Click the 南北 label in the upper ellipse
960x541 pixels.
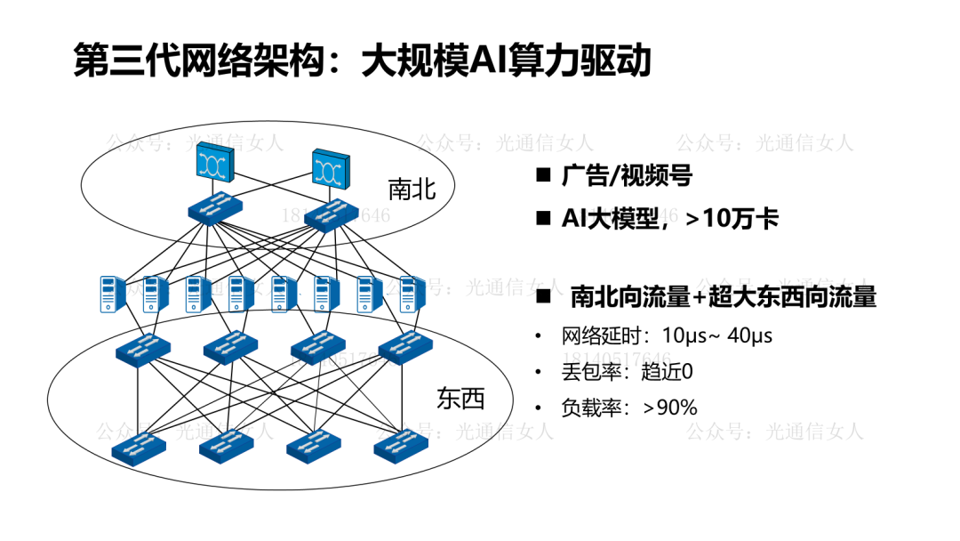(412, 190)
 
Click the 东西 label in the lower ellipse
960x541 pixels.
(460, 399)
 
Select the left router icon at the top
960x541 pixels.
(215, 162)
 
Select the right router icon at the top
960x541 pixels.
(332, 168)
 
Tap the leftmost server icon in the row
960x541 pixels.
(111, 295)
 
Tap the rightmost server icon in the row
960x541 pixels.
(412, 295)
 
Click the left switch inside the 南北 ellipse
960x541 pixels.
(215, 209)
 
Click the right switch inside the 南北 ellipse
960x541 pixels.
(332, 215)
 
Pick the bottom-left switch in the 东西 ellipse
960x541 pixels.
(139, 448)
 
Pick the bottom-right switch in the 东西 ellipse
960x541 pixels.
(401, 447)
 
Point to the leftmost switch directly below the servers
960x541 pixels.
(143, 350)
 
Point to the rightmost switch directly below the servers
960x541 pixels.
(405, 347)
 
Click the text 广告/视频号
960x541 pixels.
(627, 176)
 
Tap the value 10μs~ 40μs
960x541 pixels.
(717, 335)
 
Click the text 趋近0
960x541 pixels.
(667, 371)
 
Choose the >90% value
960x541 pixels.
(670, 408)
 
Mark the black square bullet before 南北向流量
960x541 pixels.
(544, 297)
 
